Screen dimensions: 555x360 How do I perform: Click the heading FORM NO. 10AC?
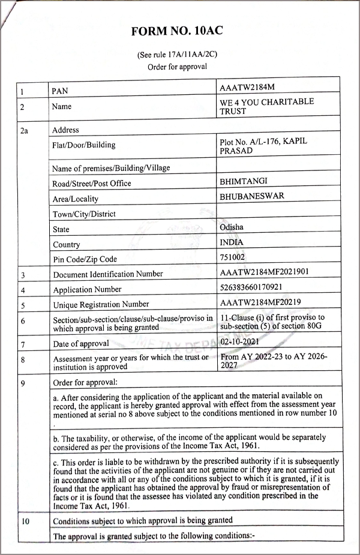(180, 31)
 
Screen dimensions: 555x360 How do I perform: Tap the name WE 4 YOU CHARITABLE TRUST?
(266, 107)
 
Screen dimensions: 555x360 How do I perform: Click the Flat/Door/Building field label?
(83, 145)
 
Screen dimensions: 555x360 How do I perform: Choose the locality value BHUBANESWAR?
(252, 196)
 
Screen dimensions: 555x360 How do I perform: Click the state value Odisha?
(232, 227)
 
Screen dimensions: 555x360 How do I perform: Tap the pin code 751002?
(233, 257)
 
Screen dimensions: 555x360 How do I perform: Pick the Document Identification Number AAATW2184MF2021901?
(264, 272)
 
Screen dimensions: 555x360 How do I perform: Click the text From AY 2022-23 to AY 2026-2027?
(273, 361)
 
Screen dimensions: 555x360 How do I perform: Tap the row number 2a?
(24, 130)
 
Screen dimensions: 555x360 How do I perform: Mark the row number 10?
(25, 520)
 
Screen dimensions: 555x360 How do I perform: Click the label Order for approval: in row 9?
(86, 381)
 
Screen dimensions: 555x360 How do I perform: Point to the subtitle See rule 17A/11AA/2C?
(177, 55)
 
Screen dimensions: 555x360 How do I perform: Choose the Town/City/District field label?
(84, 214)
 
